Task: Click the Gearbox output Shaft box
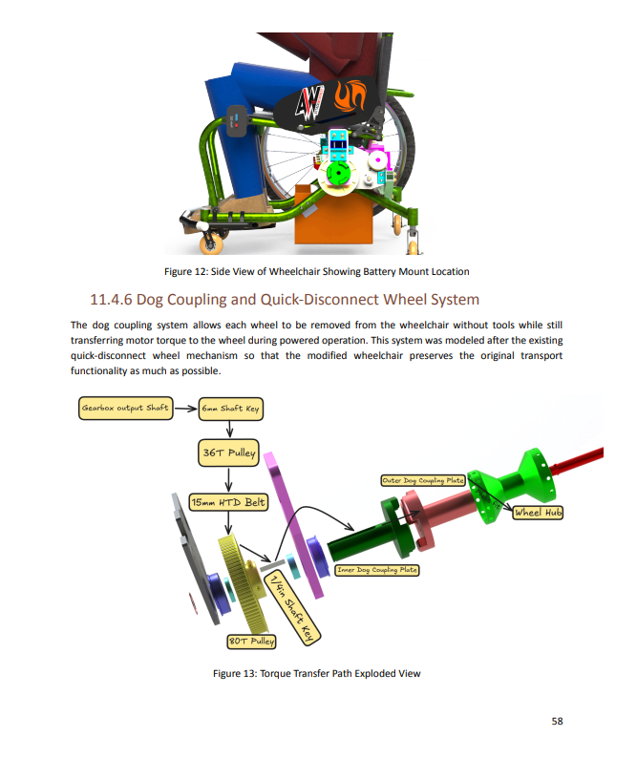click(x=126, y=409)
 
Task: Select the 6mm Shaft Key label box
click(x=230, y=409)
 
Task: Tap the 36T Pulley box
click(x=228, y=453)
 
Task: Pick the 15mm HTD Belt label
click(x=228, y=502)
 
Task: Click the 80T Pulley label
click(x=251, y=642)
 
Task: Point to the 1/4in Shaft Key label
click(x=292, y=607)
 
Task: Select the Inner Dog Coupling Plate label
click(x=377, y=570)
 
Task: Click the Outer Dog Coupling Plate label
click(x=423, y=480)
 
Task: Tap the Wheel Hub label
click(x=538, y=513)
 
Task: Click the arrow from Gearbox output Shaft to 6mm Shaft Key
click(x=186, y=409)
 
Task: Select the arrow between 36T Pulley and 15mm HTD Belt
click(x=228, y=479)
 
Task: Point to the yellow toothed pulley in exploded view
click(x=244, y=583)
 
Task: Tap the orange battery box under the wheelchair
click(x=333, y=215)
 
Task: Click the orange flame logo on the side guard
click(x=350, y=95)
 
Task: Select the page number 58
click(x=557, y=721)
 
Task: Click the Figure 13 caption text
click(x=316, y=673)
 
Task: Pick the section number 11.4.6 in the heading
click(x=111, y=300)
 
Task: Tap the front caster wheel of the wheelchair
click(x=211, y=243)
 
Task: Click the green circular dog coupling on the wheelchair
click(x=338, y=174)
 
